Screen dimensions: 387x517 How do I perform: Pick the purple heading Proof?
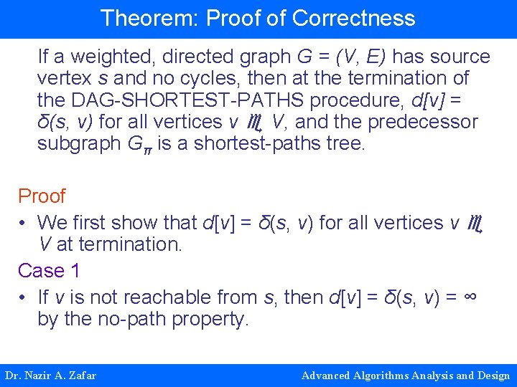[x=42, y=196]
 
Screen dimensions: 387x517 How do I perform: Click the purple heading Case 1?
[x=49, y=271]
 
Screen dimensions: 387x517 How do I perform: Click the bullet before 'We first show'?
[x=24, y=223]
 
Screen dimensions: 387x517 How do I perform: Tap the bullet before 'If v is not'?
[x=24, y=297]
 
